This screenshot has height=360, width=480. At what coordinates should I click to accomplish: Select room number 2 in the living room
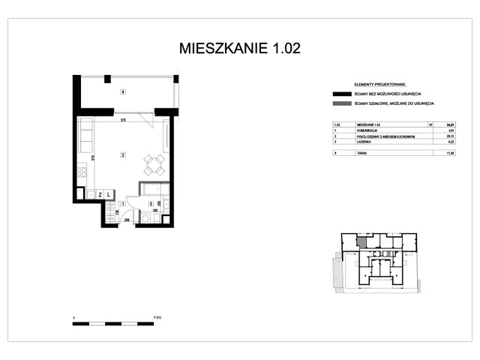coord(122,155)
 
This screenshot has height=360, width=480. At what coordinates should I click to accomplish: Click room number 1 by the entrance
coord(122,204)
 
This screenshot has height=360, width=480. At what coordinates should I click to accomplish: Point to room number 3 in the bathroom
coord(150,204)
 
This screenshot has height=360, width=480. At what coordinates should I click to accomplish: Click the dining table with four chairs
coord(154,164)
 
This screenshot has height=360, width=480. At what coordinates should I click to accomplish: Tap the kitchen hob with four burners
coord(81,177)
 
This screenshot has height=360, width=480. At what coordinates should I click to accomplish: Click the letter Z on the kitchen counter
coord(99,195)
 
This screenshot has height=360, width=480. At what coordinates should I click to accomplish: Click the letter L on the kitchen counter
coord(109,195)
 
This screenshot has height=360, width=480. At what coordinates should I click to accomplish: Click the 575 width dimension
coord(122,120)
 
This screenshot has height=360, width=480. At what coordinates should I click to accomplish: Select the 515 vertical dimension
coord(92,157)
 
